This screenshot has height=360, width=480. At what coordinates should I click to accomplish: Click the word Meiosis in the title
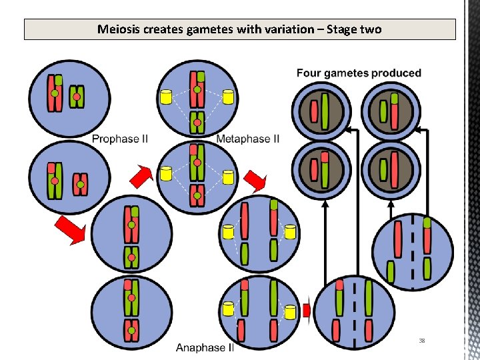[117, 29]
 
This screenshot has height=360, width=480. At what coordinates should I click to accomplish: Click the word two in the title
[371, 29]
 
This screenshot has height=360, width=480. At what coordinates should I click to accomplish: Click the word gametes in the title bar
[206, 29]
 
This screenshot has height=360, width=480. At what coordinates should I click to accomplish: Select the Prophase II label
[120, 139]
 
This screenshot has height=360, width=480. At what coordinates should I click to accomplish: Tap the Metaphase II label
[248, 139]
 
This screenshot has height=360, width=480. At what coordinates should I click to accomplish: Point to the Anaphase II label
[205, 347]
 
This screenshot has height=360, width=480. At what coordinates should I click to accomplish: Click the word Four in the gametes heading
[309, 73]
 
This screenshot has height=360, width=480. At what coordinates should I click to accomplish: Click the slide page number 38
[422, 341]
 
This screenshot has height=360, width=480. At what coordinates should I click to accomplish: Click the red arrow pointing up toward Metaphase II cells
[141, 176]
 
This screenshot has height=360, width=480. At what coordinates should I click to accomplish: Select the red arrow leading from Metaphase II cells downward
[255, 179]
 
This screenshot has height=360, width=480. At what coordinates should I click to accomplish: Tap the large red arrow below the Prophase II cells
[71, 229]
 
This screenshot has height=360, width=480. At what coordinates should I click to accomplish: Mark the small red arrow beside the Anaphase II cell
[307, 311]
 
